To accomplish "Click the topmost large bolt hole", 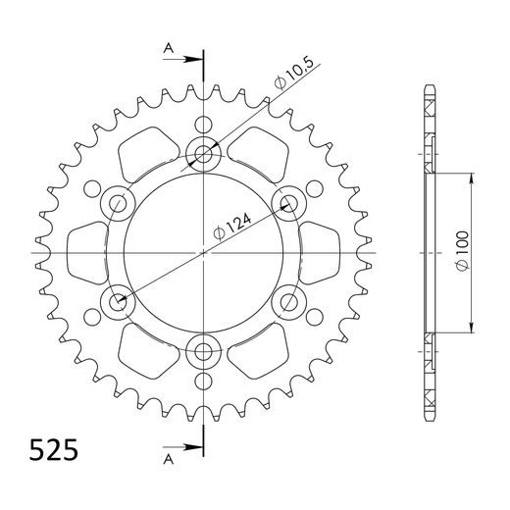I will [203, 154].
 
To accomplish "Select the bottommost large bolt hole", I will [203, 350].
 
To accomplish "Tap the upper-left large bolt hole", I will [119, 203].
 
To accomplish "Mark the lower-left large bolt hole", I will [119, 301].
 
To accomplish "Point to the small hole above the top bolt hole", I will [203, 125].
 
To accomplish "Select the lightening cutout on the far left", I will [89, 252].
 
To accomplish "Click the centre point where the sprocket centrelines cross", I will [203, 252].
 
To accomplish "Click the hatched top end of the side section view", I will [429, 113].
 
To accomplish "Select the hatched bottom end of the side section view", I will [429, 392].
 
